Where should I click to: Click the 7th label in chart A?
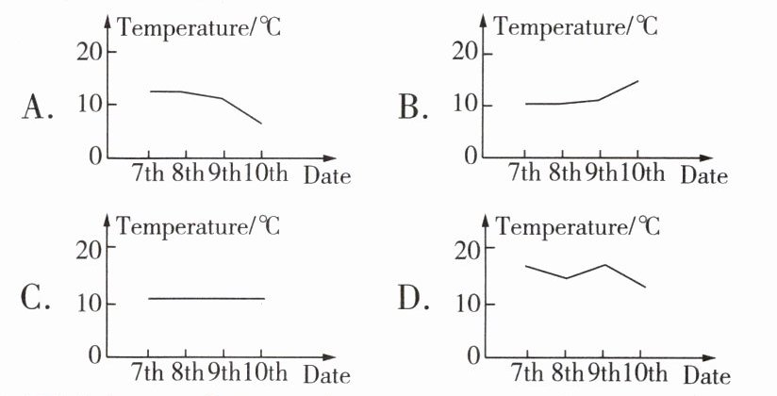(149, 174)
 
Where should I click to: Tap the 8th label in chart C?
(187, 373)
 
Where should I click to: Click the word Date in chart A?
(327, 176)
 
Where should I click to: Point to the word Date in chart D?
(706, 377)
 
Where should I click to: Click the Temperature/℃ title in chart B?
(575, 26)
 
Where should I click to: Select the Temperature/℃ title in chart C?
(198, 226)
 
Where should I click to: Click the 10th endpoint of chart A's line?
(261, 124)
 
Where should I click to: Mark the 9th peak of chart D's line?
(603, 265)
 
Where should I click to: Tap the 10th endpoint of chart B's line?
(638, 81)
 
